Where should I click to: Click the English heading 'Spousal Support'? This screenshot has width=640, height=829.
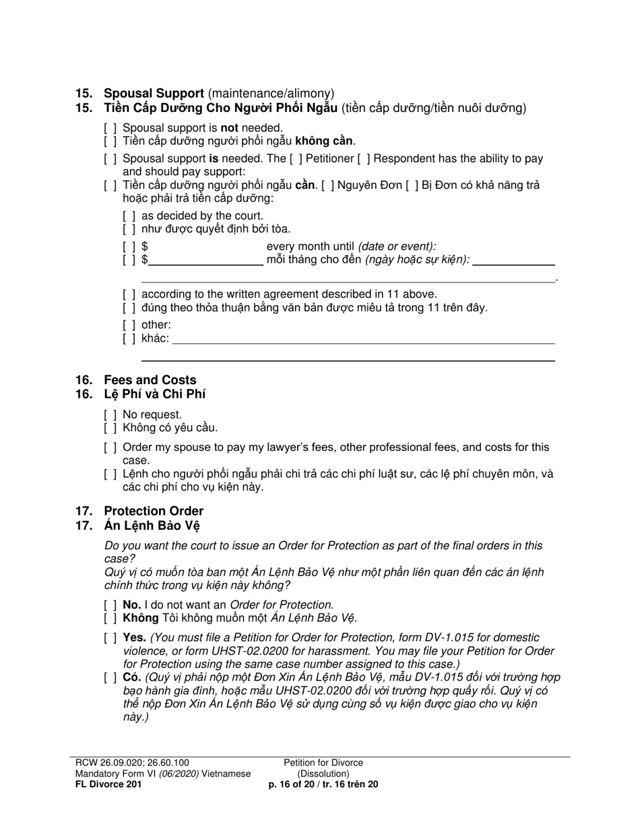154,94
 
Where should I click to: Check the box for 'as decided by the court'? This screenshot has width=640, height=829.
129,216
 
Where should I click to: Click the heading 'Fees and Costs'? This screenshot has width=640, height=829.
150,380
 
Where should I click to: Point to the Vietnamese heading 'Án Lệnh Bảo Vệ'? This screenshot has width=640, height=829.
152,526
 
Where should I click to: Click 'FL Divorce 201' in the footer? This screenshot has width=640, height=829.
108,785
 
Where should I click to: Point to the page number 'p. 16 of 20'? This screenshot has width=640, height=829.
295,785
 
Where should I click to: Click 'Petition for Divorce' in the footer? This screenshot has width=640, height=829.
323,763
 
